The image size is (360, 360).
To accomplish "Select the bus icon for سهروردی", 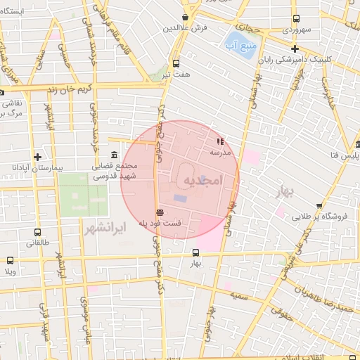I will [x=296, y=19].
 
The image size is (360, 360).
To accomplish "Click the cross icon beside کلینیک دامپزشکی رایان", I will [x=296, y=49].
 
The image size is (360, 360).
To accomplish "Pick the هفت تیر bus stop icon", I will [x=176, y=61].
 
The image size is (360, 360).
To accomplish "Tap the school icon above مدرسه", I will [x=219, y=141].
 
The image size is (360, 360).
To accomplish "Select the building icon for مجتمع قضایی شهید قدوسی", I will [x=115, y=155].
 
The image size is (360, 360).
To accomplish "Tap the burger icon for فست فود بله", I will [x=160, y=212].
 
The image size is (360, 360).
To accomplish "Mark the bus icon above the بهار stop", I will [x=196, y=252].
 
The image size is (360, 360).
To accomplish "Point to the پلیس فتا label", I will [x=345, y=155].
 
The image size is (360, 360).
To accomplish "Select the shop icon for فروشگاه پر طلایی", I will [x=319, y=206].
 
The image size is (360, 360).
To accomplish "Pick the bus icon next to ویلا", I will [x=9, y=261].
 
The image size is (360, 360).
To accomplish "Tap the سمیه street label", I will [x=245, y=297].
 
